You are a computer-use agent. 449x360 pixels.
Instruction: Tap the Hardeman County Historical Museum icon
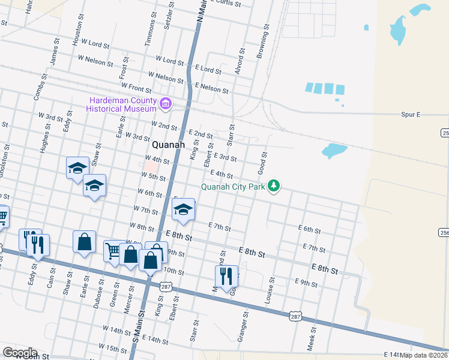pyautogui.click(x=166, y=105)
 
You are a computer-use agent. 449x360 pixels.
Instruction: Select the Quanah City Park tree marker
pyautogui.click(x=274, y=186)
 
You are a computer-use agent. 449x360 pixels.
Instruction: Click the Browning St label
pyautogui.click(x=262, y=43)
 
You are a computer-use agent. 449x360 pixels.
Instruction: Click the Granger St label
pyautogui.click(x=243, y=326)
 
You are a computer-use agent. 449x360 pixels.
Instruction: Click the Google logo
pyautogui.click(x=19, y=353)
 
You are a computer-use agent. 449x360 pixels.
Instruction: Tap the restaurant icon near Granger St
pyautogui.click(x=226, y=277)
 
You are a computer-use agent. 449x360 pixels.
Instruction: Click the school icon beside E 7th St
pyautogui.click(x=184, y=209)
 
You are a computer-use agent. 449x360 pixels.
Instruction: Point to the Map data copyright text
pyautogui.click(x=424, y=355)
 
